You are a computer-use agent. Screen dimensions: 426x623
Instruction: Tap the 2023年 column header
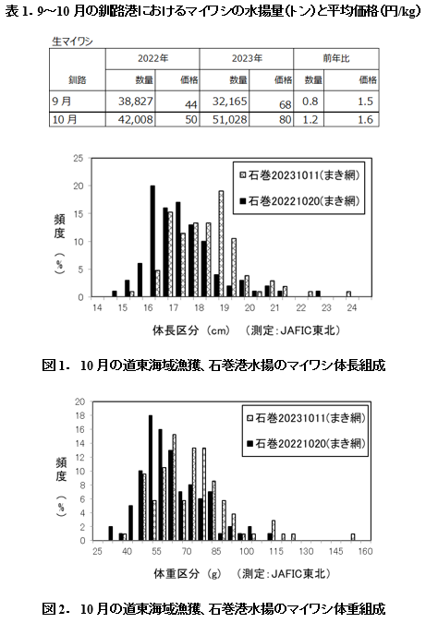click(x=247, y=58)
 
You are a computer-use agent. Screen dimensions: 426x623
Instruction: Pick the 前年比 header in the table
click(x=336, y=58)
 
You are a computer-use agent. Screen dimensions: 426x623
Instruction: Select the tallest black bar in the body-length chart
click(x=152, y=241)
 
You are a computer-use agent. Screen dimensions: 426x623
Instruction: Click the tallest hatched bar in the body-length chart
click(x=221, y=244)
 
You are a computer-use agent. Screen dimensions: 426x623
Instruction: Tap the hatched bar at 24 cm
click(x=348, y=294)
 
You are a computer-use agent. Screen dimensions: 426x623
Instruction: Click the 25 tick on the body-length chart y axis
click(x=79, y=158)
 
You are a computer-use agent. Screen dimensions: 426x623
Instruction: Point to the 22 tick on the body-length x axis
click(x=300, y=308)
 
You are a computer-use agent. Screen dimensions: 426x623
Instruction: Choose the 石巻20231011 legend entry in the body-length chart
click(x=299, y=175)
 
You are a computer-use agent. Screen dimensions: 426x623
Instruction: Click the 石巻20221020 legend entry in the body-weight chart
click(x=306, y=443)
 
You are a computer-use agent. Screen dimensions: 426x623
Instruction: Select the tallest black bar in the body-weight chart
click(x=151, y=478)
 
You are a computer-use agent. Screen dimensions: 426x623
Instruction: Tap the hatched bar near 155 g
click(x=353, y=537)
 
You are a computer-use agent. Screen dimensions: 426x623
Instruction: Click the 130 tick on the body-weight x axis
click(x=306, y=552)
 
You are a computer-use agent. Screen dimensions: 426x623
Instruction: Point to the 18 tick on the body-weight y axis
click(x=80, y=415)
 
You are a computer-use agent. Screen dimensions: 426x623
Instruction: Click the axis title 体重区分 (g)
click(x=188, y=574)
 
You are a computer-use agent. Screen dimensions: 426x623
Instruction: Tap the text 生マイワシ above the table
click(x=72, y=42)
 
